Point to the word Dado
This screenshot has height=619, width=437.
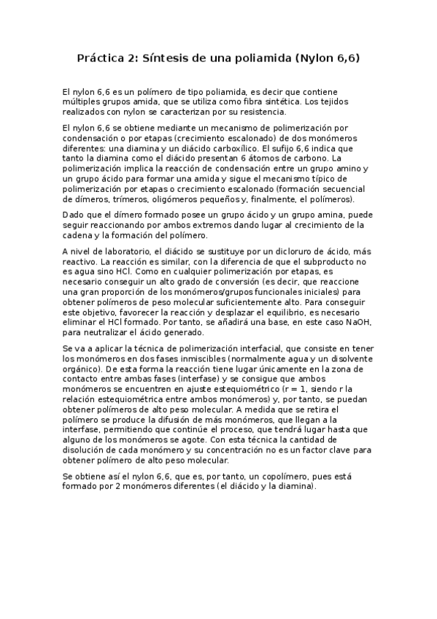point(74,216)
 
